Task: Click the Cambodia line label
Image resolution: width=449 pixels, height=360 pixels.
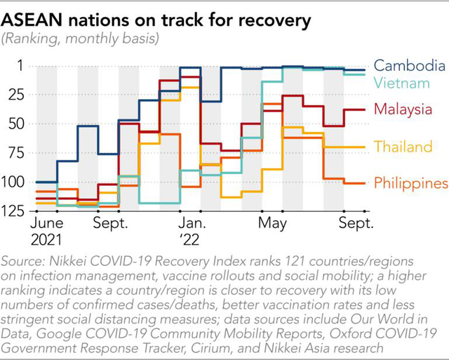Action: click(410, 65)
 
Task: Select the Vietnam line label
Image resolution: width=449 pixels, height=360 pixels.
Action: click(402, 83)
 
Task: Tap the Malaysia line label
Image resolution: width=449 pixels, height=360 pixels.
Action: click(403, 109)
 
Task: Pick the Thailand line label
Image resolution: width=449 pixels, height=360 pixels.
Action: click(403, 147)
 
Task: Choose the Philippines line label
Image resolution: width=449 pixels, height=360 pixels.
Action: click(411, 183)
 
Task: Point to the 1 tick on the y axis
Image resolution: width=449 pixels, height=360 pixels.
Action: click(20, 65)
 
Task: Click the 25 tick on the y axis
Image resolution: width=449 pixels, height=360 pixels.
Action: click(16, 95)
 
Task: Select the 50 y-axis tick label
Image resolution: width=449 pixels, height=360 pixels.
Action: click(16, 124)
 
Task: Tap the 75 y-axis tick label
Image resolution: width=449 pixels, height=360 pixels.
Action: click(16, 153)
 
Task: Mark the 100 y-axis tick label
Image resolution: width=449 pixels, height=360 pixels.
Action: click(13, 182)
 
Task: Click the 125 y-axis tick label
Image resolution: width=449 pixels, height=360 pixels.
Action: click(13, 211)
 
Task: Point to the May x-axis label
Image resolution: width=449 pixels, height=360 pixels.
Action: click(272, 224)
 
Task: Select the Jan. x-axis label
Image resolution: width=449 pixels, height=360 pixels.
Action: click(192, 223)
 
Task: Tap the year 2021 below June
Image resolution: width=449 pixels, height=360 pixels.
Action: click(46, 240)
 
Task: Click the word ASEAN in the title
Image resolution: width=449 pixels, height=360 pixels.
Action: click(32, 20)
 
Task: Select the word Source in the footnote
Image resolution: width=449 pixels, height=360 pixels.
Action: click(23, 261)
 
